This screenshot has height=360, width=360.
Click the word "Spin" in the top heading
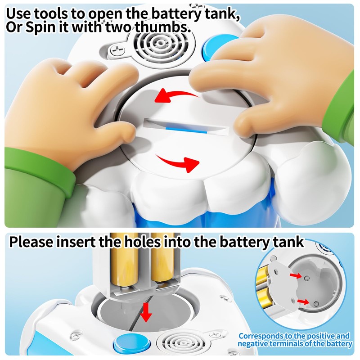40,27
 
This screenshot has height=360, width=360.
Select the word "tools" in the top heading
51,14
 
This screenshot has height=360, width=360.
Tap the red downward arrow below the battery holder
146,313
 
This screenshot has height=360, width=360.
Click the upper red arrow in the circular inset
296,275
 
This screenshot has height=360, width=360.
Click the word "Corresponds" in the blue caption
261,336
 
